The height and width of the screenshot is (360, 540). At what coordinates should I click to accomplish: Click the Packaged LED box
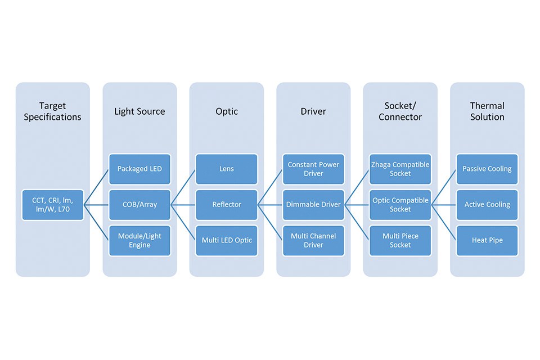click(x=139, y=169)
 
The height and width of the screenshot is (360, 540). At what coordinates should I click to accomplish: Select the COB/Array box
click(x=139, y=205)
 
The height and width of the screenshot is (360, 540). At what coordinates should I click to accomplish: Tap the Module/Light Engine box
click(x=139, y=240)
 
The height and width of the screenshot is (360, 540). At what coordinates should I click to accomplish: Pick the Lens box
click(x=226, y=169)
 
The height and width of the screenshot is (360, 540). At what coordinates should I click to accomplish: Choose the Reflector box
click(x=226, y=205)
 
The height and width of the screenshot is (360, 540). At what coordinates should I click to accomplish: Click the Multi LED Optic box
click(x=226, y=240)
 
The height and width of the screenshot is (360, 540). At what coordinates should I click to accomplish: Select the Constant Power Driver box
click(x=313, y=169)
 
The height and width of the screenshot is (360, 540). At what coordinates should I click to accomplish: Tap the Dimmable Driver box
click(x=313, y=205)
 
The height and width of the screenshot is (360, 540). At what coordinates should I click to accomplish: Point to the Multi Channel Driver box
click(x=313, y=240)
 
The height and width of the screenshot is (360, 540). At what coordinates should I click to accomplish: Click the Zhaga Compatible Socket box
click(x=400, y=169)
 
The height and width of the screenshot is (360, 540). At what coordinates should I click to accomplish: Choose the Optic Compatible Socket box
click(x=400, y=205)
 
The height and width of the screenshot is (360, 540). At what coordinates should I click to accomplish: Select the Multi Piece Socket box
click(x=400, y=240)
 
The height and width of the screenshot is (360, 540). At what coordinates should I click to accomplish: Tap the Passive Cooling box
click(x=487, y=169)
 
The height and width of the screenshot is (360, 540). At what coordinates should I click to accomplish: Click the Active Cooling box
click(x=487, y=205)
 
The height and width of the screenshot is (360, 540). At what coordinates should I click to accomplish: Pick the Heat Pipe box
click(x=487, y=240)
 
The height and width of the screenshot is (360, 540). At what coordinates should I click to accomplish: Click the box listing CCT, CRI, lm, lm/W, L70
click(x=53, y=205)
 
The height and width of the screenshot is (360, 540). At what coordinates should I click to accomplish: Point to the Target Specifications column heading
click(x=52, y=111)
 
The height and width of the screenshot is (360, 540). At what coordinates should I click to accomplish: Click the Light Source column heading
click(x=139, y=111)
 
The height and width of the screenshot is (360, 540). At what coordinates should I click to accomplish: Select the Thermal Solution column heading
click(x=487, y=111)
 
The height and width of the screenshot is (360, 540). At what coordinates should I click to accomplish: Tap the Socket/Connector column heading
click(x=400, y=111)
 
